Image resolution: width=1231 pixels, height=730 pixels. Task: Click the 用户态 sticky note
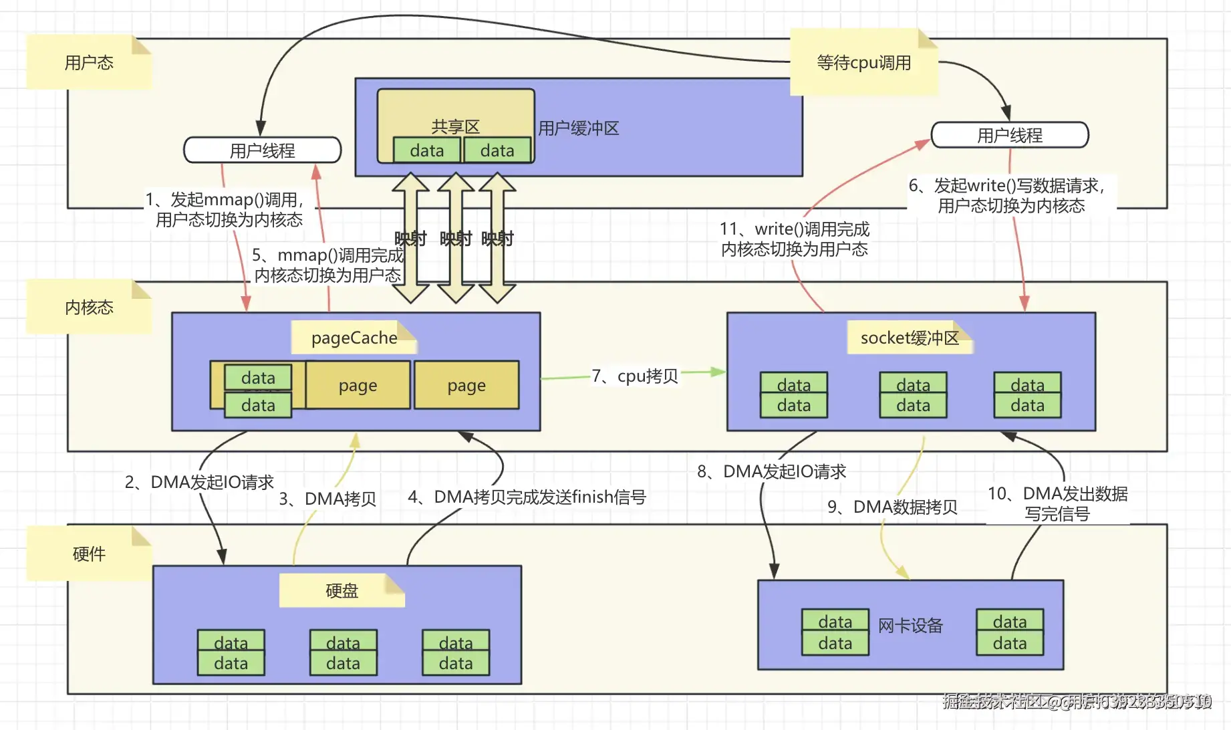coord(89,62)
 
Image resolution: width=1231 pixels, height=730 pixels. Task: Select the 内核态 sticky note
coord(89,307)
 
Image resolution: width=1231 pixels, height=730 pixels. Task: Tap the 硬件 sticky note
coord(89,554)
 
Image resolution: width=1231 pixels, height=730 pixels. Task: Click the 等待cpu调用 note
coord(863,62)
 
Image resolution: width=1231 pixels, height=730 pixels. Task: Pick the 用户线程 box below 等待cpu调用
coord(1009,135)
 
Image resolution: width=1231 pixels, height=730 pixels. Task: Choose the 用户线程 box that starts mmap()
coord(262,150)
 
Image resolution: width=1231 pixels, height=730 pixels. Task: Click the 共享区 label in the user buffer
coord(455,126)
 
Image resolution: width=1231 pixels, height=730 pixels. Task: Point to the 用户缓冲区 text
coord(579,128)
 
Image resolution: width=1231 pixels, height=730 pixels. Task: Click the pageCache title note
coord(354,338)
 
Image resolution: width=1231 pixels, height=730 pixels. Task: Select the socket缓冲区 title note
coord(909,338)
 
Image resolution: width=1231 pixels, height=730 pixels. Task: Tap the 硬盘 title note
coord(341,590)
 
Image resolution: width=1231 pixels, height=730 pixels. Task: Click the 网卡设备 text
coord(910,625)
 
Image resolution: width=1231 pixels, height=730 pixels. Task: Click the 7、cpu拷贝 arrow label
coord(635,376)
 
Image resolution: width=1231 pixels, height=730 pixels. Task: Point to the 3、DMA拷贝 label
coord(327,499)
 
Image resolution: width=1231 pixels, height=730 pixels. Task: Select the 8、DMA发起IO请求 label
coord(772,471)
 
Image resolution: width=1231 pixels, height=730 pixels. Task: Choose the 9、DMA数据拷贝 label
coord(892,507)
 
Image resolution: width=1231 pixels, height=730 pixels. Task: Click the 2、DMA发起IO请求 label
coord(199,482)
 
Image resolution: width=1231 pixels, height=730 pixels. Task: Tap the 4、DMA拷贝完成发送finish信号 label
coord(527,497)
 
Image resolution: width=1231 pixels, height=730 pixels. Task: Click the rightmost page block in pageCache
coord(466,385)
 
